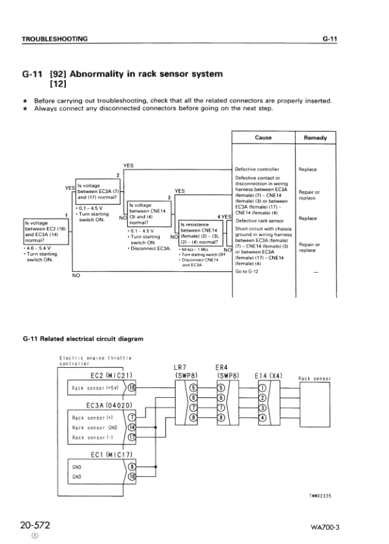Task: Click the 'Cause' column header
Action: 263,138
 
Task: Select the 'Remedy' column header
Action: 315,138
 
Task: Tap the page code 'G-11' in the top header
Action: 328,39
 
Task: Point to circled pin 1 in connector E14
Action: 263,389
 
